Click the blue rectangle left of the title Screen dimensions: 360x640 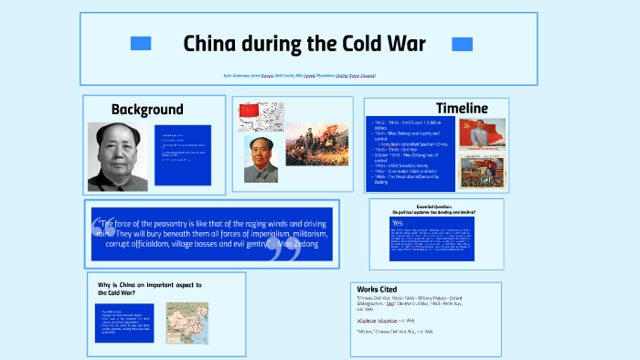pyautogui.click(x=141, y=44)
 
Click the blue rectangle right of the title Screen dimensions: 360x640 pyautogui.click(x=462, y=44)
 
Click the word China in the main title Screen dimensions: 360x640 pyautogui.click(x=211, y=43)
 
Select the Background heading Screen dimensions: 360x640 pyautogui.click(x=147, y=110)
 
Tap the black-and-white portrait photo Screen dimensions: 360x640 pyautogui.click(x=118, y=156)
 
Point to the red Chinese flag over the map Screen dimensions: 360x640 pyautogui.click(x=250, y=111)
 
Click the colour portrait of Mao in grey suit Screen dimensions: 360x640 pyautogui.click(x=261, y=160)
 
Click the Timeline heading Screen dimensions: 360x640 pyautogui.click(x=462, y=109)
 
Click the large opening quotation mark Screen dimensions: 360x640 pyautogui.click(x=102, y=232)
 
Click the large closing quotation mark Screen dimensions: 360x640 pyautogui.click(x=286, y=251)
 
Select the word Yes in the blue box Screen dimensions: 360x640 pyautogui.click(x=397, y=223)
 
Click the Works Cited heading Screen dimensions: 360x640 pyautogui.click(x=377, y=289)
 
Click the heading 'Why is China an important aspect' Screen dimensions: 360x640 pyautogui.click(x=149, y=289)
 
